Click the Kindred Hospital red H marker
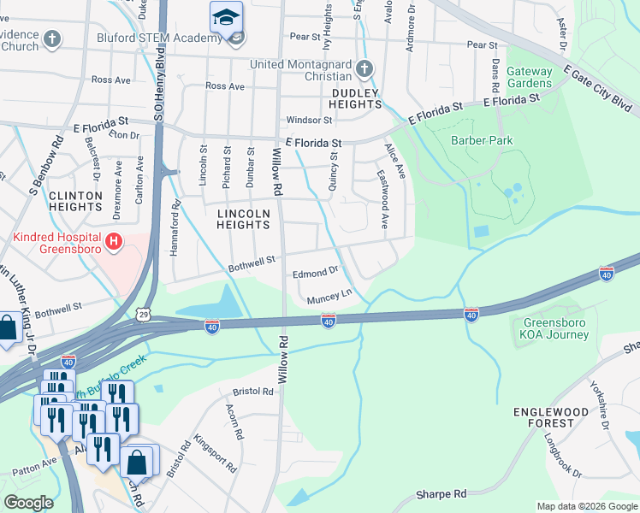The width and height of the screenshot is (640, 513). click(x=113, y=244)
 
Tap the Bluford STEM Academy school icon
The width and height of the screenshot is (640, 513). click(x=227, y=17)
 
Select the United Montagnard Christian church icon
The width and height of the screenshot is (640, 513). click(x=364, y=68)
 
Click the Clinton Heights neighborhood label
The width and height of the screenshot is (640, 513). click(x=75, y=201)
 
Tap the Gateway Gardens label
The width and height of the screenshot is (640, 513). click(x=529, y=77)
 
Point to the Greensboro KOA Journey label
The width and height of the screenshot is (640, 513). click(x=556, y=328)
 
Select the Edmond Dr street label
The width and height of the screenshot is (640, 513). click(x=316, y=273)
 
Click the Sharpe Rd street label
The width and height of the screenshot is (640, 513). click(x=441, y=494)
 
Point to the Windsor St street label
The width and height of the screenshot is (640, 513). click(x=309, y=121)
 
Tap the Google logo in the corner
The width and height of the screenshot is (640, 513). click(x=28, y=503)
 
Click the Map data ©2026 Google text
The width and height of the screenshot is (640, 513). click(x=587, y=506)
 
